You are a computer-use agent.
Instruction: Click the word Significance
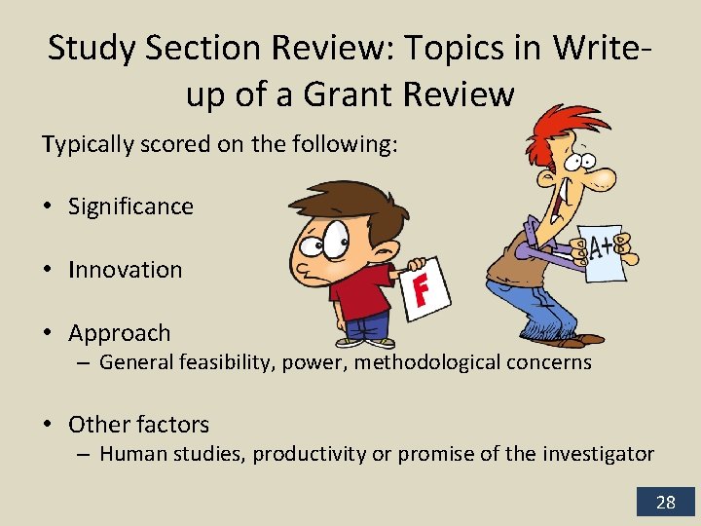click(x=130, y=207)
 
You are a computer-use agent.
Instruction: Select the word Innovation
click(x=125, y=270)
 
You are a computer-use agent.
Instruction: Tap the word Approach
click(x=119, y=333)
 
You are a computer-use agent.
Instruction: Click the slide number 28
click(x=666, y=502)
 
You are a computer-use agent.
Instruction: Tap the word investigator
click(x=598, y=454)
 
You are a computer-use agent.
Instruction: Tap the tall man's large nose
click(x=603, y=178)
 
